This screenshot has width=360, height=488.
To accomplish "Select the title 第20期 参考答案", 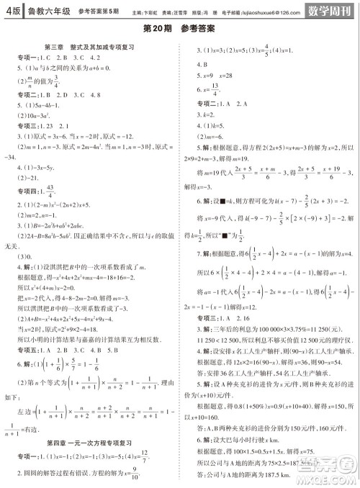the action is click(x=179, y=28).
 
